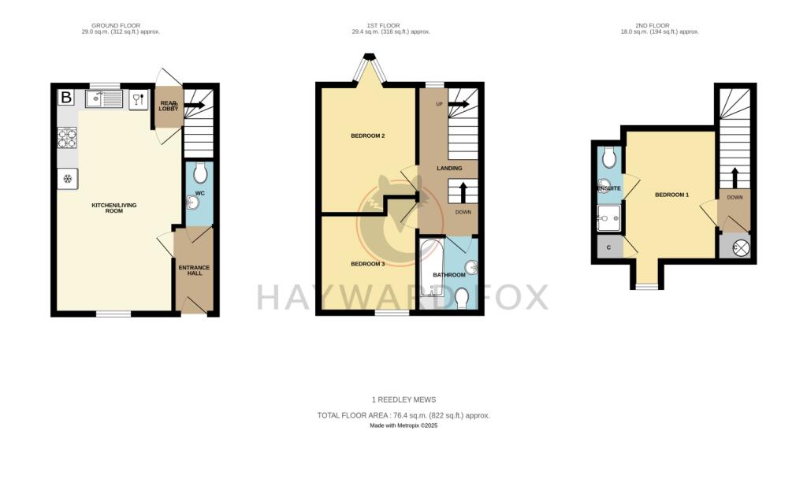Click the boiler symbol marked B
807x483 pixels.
[67, 98]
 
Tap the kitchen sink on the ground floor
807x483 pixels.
[104, 99]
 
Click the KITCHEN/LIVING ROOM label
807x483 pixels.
[114, 208]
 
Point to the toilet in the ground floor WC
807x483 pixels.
[199, 173]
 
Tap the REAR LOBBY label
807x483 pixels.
[169, 105]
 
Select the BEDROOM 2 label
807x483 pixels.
[367, 136]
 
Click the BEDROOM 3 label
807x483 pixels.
[367, 264]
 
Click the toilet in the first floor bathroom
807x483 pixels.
[463, 297]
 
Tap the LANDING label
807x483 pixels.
[449, 168]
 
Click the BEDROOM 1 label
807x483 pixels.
[671, 195]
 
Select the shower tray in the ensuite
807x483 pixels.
[608, 218]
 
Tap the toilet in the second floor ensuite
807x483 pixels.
[608, 159]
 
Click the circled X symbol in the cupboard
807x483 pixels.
[741, 248]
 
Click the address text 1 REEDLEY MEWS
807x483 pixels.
[403, 399]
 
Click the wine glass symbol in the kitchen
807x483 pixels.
[136, 98]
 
